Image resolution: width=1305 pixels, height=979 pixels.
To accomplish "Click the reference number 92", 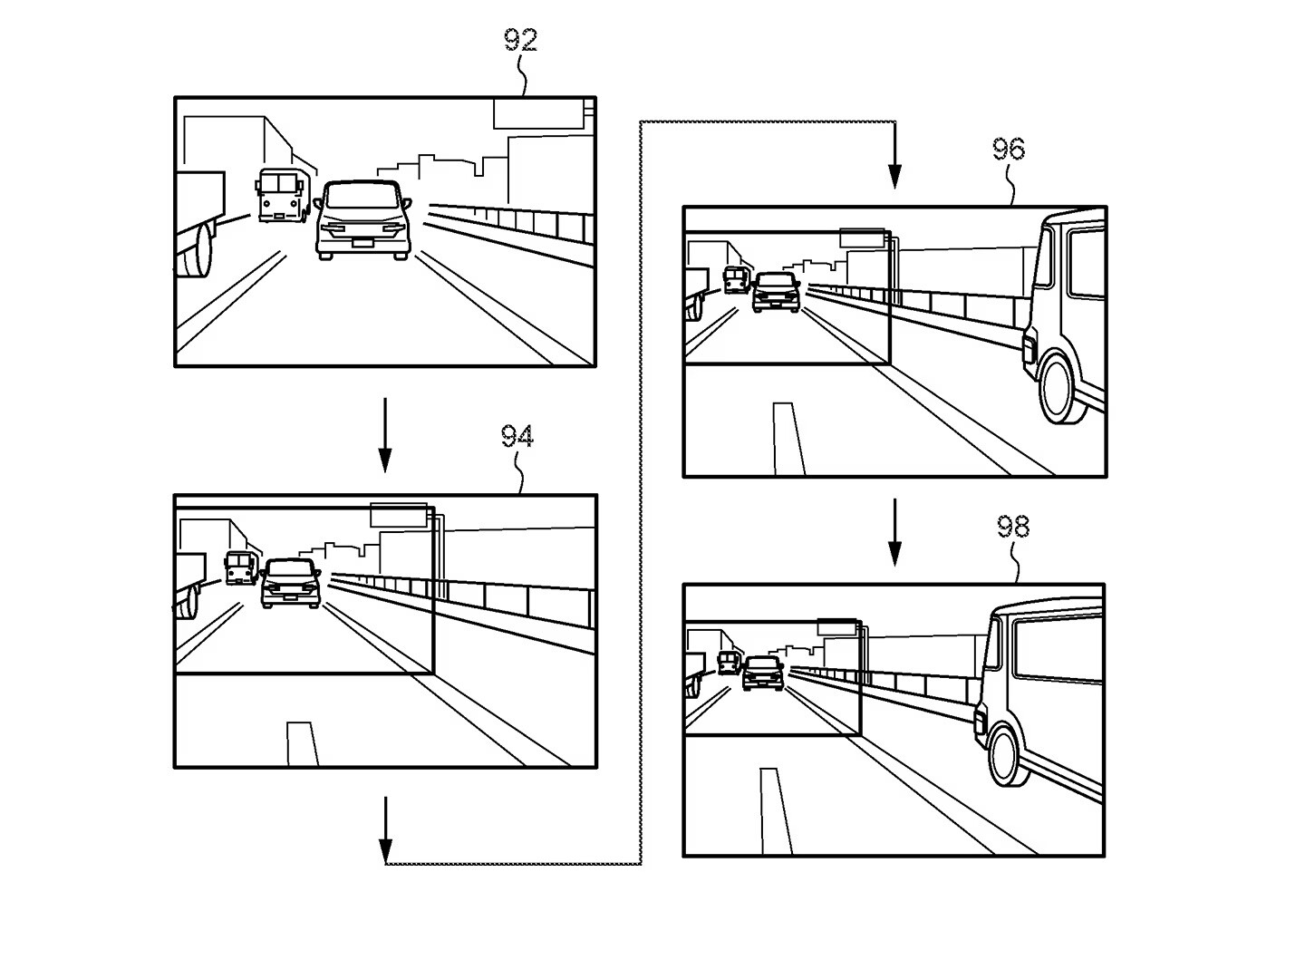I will point(520,40).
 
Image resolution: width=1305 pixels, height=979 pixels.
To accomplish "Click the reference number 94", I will point(517,437).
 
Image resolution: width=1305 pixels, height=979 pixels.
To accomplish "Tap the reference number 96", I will point(1008,149).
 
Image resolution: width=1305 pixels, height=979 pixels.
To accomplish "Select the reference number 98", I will point(1013,527).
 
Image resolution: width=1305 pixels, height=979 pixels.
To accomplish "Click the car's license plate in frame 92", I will point(362,241).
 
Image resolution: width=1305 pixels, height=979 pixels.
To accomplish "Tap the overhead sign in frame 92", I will point(537,113).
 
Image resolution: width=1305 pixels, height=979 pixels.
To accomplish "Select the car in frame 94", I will point(291,582).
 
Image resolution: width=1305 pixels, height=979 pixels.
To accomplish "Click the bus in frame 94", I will point(240,567).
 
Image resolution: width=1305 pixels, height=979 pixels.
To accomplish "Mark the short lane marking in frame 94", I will point(302,743).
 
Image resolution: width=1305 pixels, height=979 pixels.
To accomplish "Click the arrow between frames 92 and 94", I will point(385,435).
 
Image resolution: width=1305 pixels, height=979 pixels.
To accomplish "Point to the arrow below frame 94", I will point(385,830).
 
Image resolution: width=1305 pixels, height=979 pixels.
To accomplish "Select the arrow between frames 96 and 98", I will point(894,532).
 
